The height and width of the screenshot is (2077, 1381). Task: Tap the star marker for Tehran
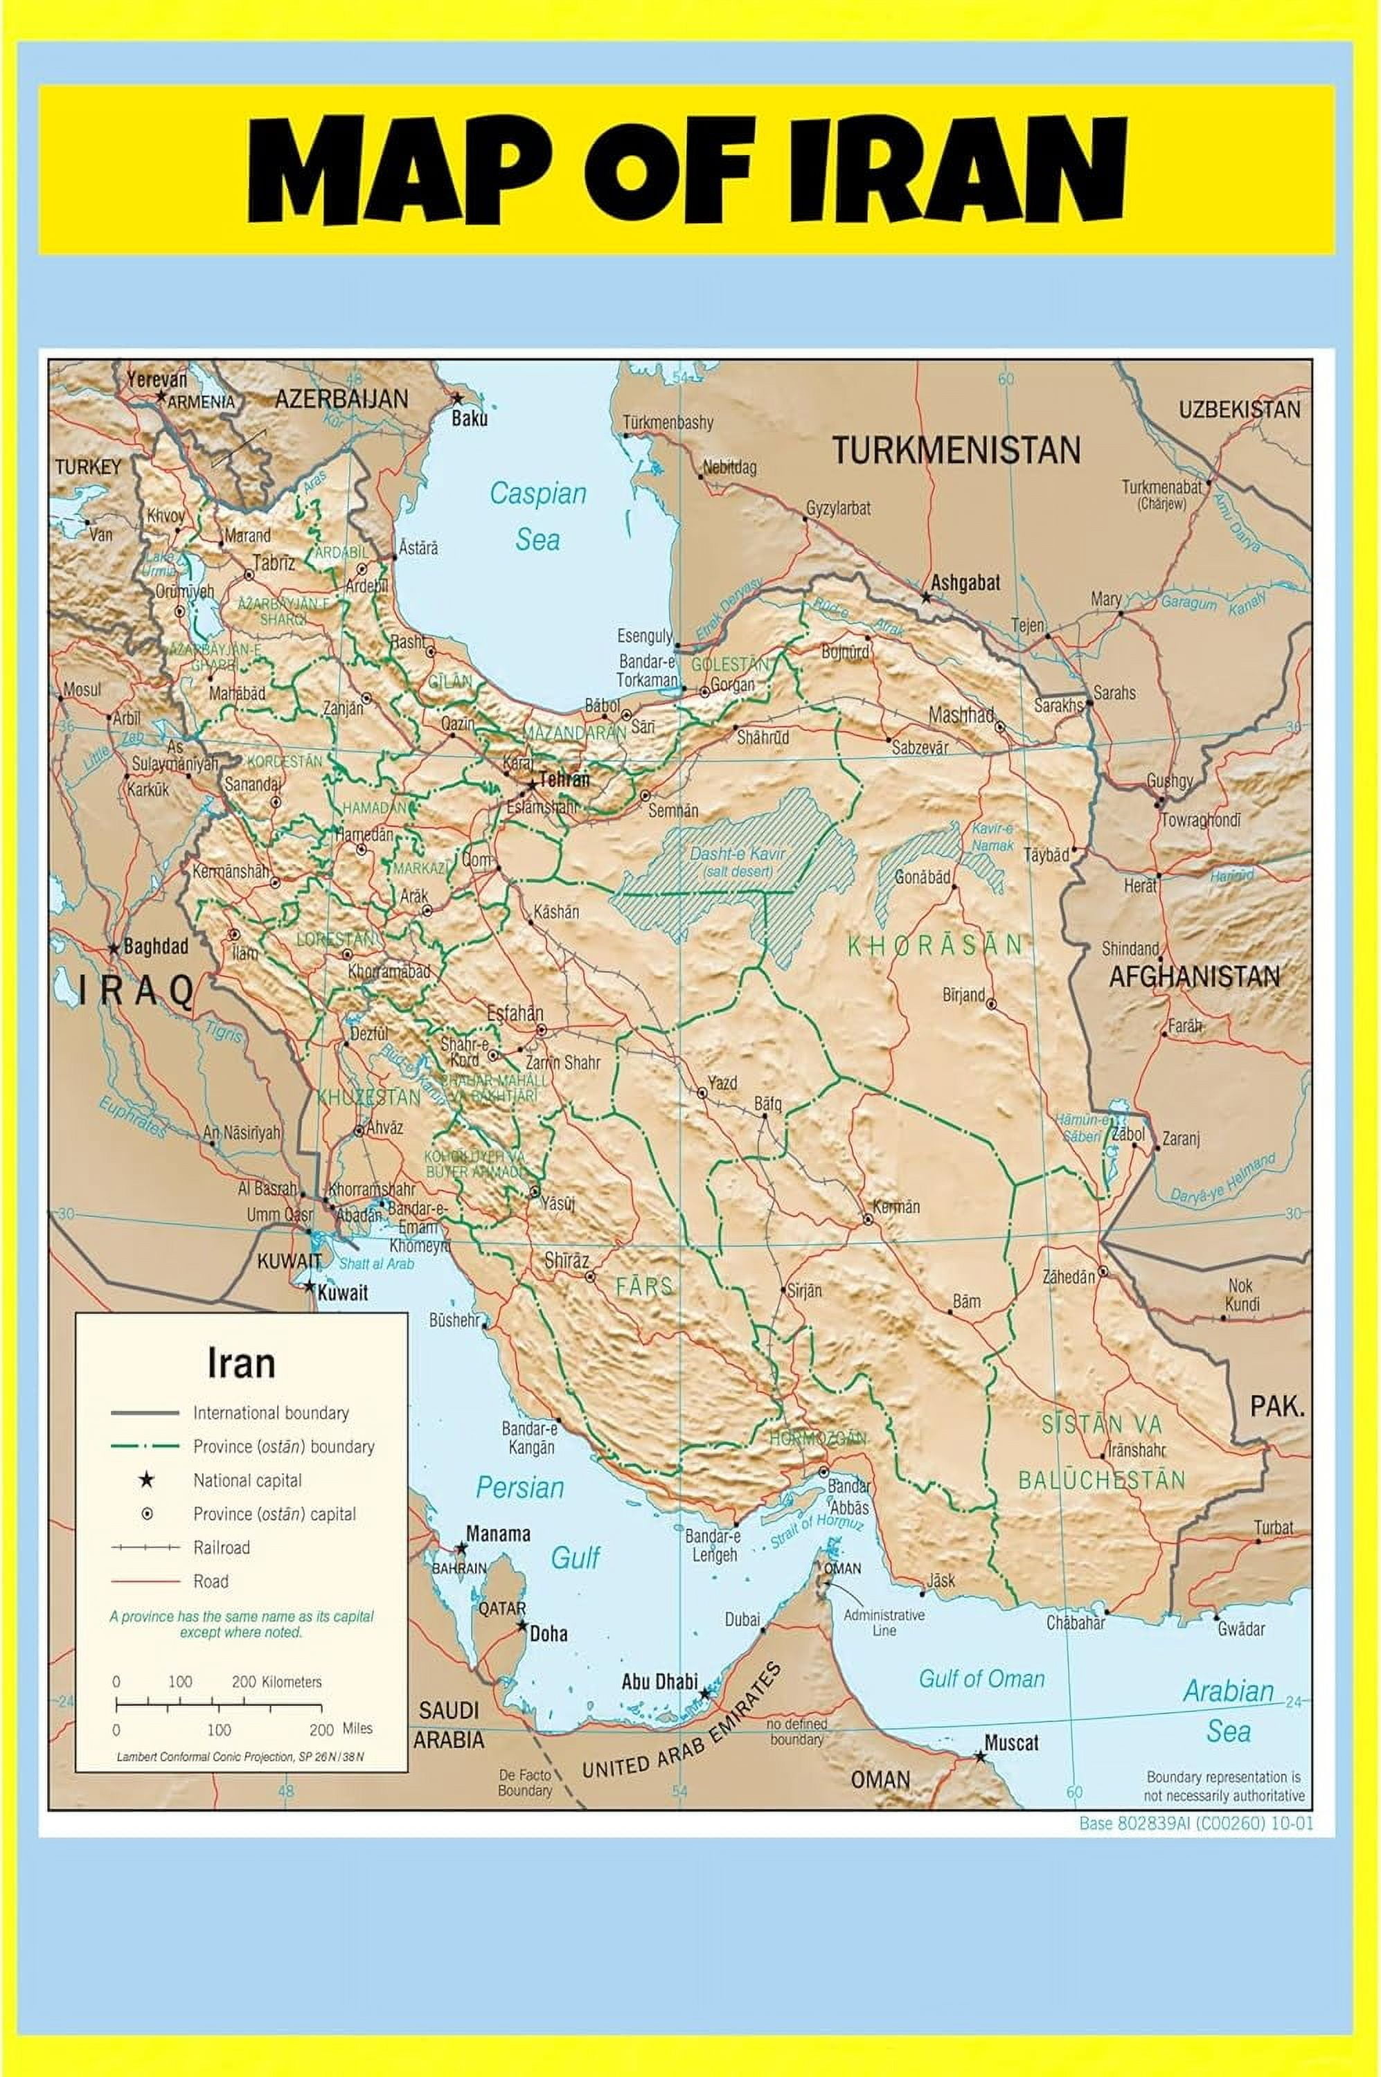pyautogui.click(x=532, y=782)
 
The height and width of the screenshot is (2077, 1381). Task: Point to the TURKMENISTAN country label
pyautogui.click(x=956, y=451)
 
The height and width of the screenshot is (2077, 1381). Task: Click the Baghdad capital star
pyautogui.click(x=114, y=949)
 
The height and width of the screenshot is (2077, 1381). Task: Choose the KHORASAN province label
pyautogui.click(x=934, y=945)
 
